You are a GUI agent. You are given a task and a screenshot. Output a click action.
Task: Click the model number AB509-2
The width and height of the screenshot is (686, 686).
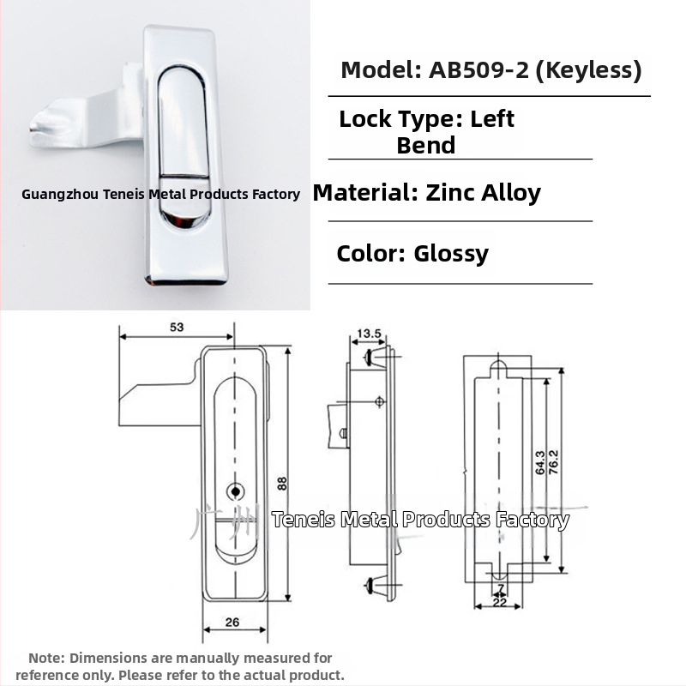click(x=478, y=70)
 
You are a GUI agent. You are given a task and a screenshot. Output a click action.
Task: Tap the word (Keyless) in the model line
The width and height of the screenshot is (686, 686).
click(x=588, y=70)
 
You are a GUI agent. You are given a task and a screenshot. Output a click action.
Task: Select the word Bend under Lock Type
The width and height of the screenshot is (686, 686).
click(x=425, y=146)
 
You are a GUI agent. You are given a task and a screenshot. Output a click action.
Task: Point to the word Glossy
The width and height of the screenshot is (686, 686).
click(x=451, y=255)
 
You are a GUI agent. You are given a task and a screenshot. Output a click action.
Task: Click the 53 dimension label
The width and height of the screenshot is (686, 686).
click(x=177, y=328)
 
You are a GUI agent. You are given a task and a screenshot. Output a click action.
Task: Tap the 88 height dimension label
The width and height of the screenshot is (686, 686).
click(x=282, y=484)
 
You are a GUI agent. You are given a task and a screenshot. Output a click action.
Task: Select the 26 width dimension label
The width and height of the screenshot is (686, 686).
click(x=232, y=623)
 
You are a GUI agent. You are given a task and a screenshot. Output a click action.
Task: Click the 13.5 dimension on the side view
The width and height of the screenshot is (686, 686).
click(x=369, y=334)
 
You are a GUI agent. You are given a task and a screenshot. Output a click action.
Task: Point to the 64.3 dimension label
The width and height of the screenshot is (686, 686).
click(x=540, y=462)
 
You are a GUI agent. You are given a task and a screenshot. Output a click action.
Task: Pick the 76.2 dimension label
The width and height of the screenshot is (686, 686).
click(x=553, y=462)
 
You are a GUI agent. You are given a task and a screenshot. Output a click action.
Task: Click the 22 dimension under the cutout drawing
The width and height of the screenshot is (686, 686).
click(x=499, y=602)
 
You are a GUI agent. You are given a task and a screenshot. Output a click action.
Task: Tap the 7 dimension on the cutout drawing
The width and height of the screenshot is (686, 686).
click(x=501, y=588)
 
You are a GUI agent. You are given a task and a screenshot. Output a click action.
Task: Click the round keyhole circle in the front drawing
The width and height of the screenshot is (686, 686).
click(x=235, y=491)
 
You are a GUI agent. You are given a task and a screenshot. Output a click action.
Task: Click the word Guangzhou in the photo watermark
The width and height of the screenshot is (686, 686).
click(x=60, y=195)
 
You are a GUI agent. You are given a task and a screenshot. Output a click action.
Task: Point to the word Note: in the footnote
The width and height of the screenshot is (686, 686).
click(x=46, y=658)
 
